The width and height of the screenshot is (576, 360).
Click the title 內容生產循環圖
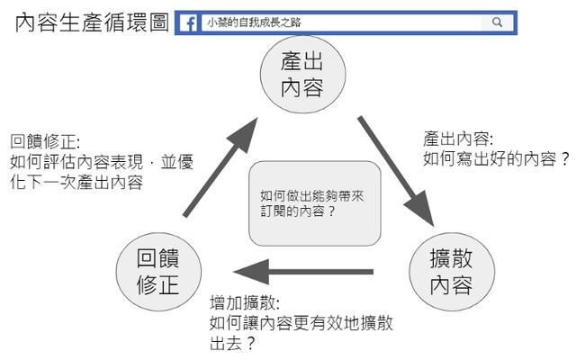(x=92, y=22)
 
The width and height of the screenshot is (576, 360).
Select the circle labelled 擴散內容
(x=451, y=273)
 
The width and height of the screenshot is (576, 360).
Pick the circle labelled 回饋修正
(x=157, y=273)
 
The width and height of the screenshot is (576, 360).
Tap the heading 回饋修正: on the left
(x=45, y=143)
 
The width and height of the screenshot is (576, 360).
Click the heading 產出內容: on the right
(x=456, y=139)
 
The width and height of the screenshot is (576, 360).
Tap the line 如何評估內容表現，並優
(x=102, y=162)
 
